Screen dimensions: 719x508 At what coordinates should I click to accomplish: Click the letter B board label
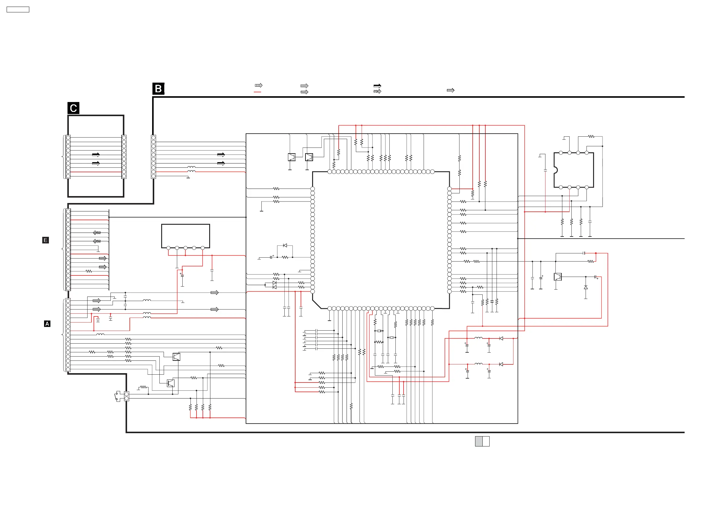click(158, 89)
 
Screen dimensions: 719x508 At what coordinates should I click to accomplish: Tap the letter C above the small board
click(73, 108)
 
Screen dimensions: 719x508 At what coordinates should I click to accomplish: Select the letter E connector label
click(45, 240)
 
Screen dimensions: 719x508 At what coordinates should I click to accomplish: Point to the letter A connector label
click(47, 324)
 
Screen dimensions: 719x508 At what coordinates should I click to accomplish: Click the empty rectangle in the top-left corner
click(18, 10)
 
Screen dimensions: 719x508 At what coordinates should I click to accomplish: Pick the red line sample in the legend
click(257, 92)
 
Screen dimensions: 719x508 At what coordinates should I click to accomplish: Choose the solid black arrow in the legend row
click(377, 86)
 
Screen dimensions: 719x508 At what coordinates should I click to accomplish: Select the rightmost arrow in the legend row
click(450, 90)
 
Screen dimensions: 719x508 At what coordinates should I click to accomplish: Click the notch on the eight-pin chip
click(555, 170)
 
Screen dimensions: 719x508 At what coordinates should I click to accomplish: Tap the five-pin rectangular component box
click(185, 236)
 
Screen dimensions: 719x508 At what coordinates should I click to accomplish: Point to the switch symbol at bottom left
click(118, 396)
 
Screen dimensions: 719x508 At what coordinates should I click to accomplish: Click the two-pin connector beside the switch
click(126, 396)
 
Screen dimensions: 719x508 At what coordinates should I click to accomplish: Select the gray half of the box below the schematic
click(478, 441)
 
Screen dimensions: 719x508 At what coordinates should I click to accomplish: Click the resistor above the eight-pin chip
click(591, 136)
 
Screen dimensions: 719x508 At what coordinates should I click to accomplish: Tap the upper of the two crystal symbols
click(379, 331)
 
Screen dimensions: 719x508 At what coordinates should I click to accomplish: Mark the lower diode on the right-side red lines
click(501, 364)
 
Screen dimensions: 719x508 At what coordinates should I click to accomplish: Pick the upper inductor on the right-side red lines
click(478, 338)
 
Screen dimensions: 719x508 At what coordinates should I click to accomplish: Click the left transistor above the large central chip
click(292, 157)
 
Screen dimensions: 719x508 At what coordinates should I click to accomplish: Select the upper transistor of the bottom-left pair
click(176, 357)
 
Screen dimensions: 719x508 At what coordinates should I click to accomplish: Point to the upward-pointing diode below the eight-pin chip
click(586, 287)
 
